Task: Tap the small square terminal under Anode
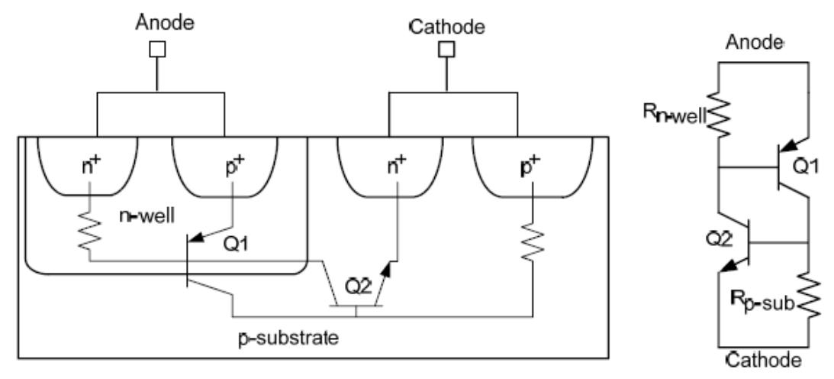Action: tap(157, 49)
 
